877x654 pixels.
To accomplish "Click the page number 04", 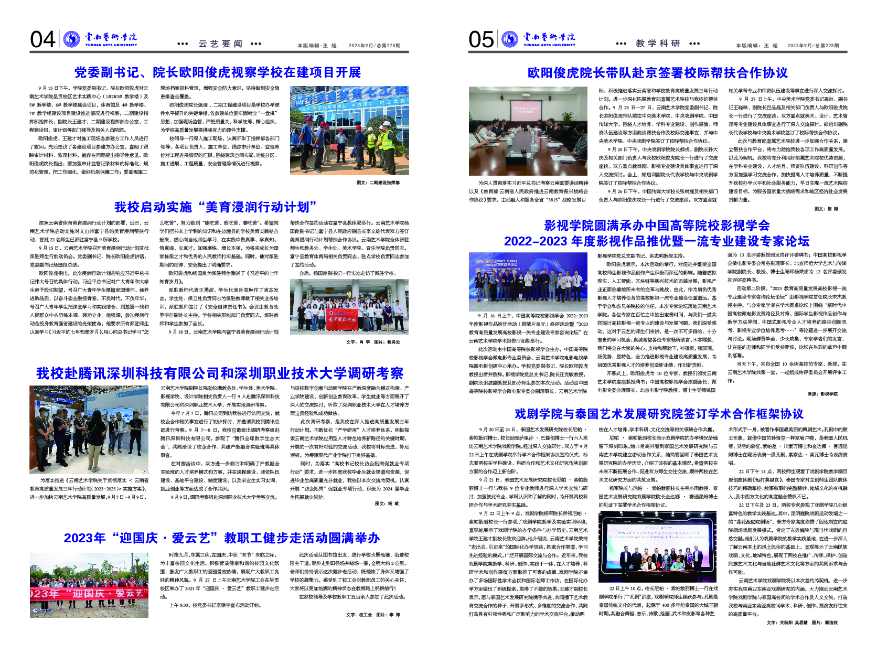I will [x=42, y=39].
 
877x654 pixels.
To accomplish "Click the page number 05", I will [x=481, y=39].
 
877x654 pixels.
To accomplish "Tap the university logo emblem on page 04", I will [x=71, y=39].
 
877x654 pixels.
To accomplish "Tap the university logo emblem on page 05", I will [x=509, y=39].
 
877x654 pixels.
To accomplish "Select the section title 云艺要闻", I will [x=220, y=44].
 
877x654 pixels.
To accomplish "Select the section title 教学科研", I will [x=658, y=44].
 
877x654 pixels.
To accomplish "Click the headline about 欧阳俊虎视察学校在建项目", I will [x=218, y=72].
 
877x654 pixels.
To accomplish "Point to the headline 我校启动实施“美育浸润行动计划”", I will [x=216, y=207].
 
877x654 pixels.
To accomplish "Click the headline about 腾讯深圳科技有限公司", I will [x=220, y=373].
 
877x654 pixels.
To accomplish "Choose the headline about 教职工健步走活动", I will [x=221, y=538].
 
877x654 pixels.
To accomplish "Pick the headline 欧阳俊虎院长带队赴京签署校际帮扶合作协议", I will [x=658, y=73].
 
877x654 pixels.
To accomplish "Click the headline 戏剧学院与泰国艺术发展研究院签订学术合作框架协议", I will [x=659, y=414].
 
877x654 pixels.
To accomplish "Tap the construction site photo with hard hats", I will [x=349, y=131].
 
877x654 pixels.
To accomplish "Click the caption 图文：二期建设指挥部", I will [x=378, y=183].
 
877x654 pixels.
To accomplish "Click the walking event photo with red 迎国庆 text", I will [x=89, y=585].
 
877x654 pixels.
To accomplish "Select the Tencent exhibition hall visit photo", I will [x=89, y=430].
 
